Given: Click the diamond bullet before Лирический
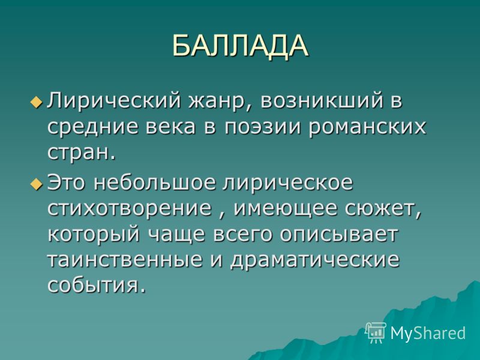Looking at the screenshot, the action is click(37, 101).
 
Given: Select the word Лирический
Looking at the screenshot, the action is click(114, 101).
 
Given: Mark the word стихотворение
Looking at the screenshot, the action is click(130, 209).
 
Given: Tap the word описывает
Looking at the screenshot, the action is click(338, 235).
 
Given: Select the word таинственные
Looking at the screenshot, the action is click(125, 261).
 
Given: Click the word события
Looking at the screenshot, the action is click(96, 286).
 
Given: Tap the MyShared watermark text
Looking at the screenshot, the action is click(428, 332).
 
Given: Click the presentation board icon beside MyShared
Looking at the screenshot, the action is click(376, 333).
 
